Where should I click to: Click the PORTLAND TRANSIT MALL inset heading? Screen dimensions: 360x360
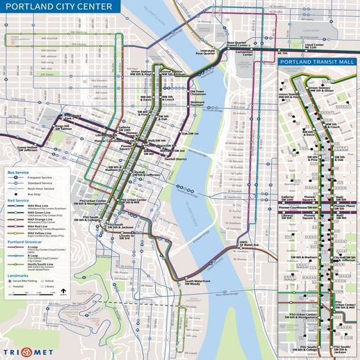click(317, 63)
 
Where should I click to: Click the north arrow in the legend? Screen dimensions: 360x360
click(63, 291)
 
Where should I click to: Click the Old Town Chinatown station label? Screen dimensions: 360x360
click(197, 93)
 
